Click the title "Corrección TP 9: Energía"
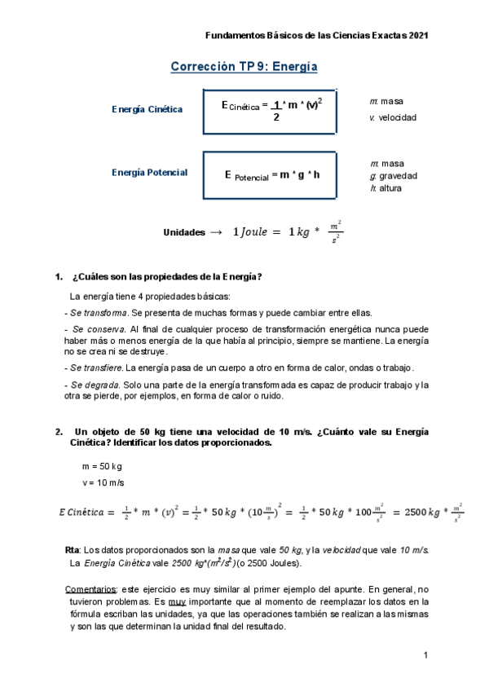[244, 67]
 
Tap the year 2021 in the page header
[416, 36]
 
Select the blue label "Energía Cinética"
[147, 109]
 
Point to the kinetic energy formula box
[271, 109]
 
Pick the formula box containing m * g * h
[271, 174]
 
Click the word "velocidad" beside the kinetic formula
[398, 117]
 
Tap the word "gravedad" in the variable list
[398, 176]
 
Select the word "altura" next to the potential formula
[391, 188]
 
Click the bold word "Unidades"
[184, 232]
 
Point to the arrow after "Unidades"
[216, 232]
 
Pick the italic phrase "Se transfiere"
[98, 368]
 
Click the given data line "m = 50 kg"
[102, 466]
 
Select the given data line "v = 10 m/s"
[103, 482]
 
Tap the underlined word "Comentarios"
[91, 589]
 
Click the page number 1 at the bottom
[425, 656]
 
